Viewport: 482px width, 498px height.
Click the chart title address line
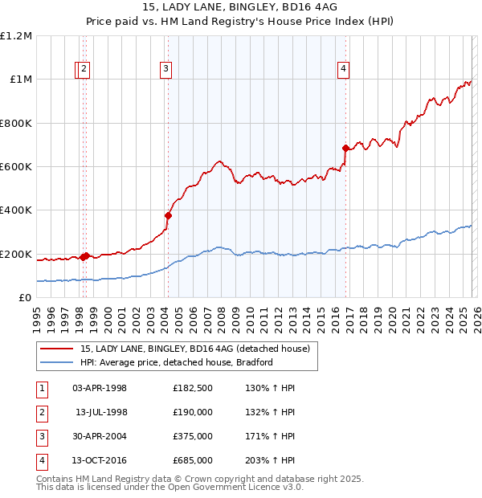pos(240,8)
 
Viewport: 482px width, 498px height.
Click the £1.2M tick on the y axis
pos(16,36)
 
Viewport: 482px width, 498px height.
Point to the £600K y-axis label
pos(16,167)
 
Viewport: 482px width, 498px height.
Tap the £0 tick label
pos(24,298)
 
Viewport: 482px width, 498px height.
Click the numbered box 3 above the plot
pos(165,70)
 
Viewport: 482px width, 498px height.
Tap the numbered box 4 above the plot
pos(343,70)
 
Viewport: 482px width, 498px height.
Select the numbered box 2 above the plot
pos(84,70)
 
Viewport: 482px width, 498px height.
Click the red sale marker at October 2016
pos(345,148)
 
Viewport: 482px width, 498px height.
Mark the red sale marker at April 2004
pos(168,215)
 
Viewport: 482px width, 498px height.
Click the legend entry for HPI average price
pos(177,362)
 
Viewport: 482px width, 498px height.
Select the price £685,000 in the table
pos(192,460)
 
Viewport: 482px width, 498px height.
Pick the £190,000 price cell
pos(192,412)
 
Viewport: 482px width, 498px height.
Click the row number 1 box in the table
pos(42,388)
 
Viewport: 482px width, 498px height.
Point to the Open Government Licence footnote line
pos(170,487)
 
